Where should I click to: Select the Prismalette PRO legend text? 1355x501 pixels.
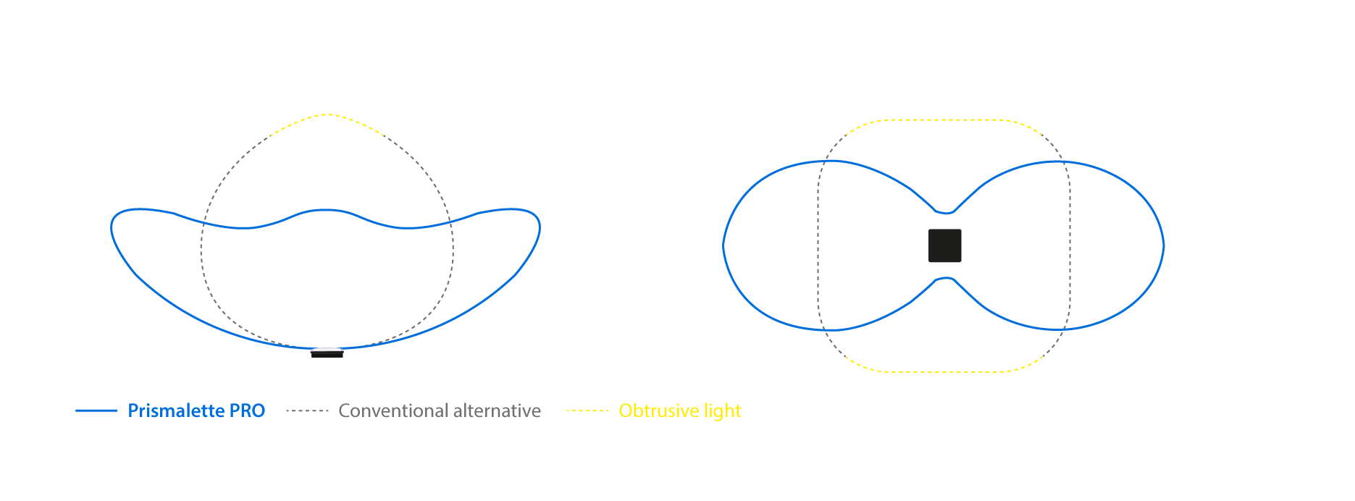[196, 411]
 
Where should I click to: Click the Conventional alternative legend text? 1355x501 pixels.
[440, 411]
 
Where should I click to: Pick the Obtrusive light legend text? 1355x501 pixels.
[680, 411]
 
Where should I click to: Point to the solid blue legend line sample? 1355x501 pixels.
[96, 411]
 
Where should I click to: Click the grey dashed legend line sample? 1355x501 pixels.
[307, 411]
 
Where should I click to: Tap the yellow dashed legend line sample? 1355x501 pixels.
[587, 411]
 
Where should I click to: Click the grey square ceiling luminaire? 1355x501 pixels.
[945, 245]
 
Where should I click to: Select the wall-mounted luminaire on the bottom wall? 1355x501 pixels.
[327, 353]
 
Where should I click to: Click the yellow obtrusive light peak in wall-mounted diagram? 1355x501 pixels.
[326, 114]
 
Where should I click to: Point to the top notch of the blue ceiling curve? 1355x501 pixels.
[945, 213]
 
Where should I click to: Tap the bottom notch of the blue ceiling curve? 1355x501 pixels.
[945, 277]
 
